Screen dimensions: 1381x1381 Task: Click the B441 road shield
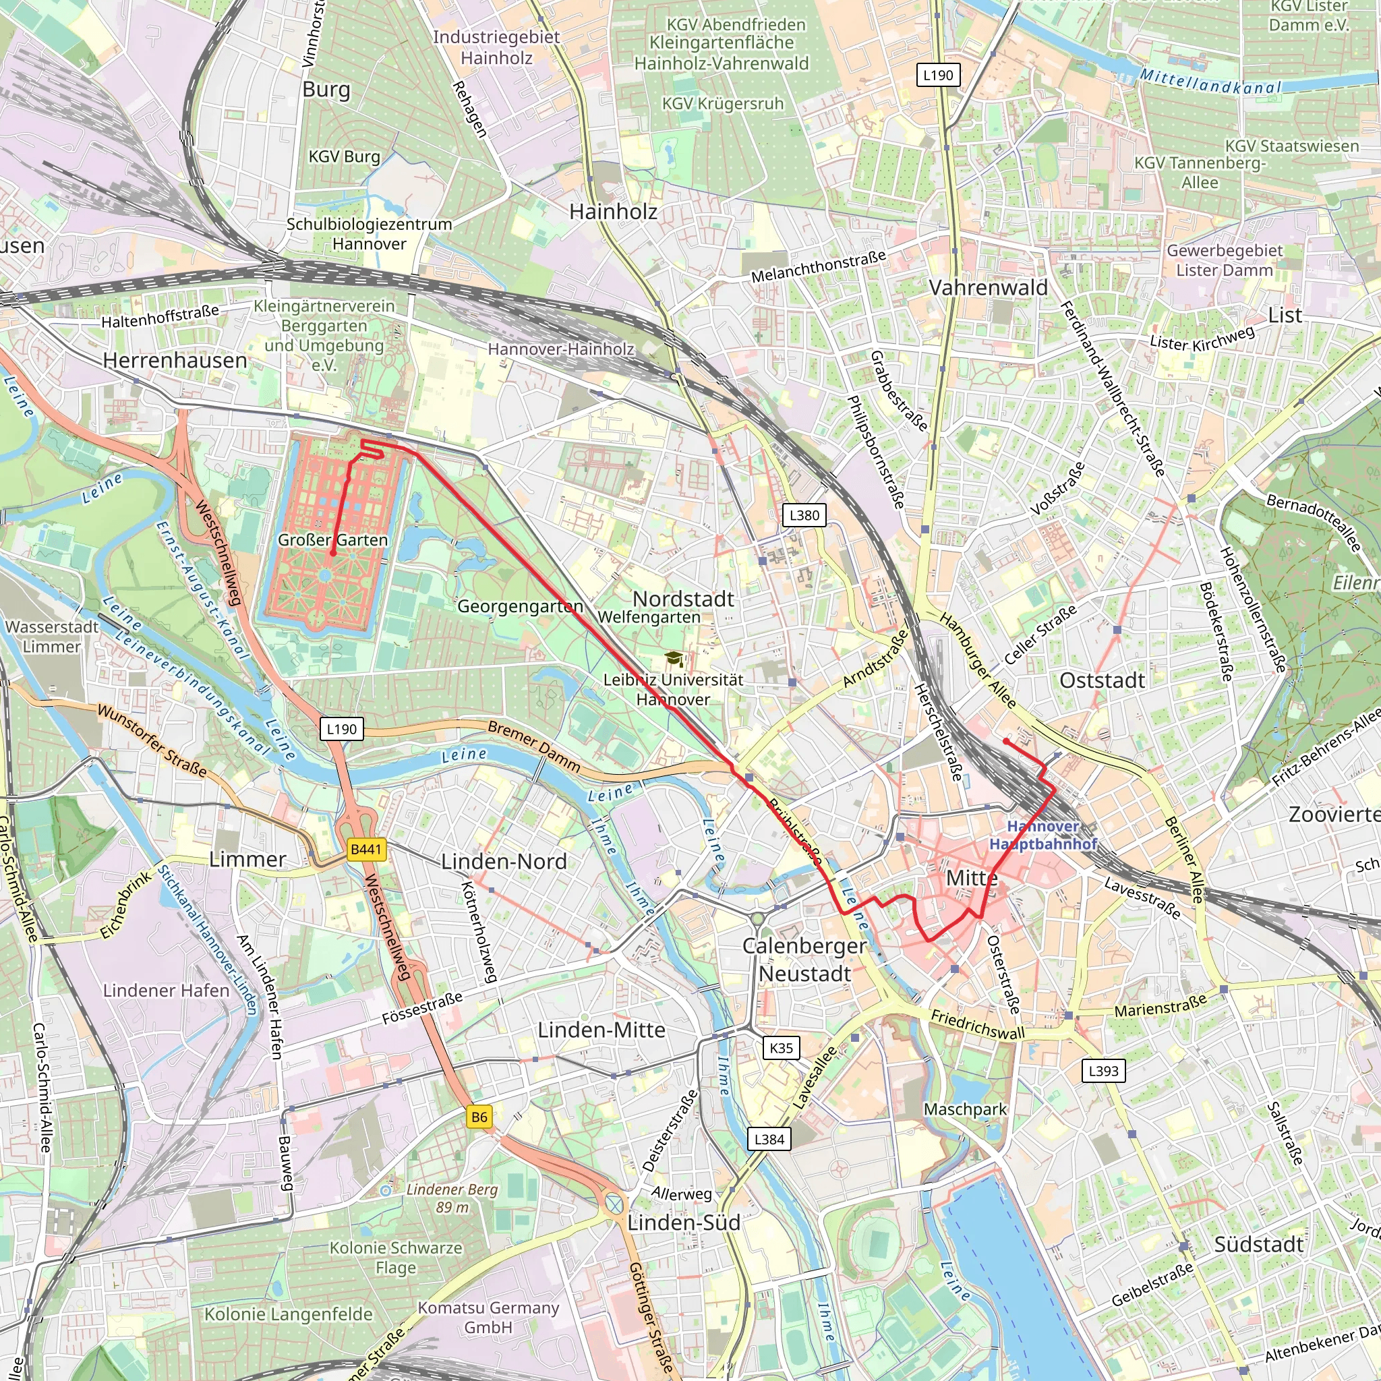click(x=366, y=849)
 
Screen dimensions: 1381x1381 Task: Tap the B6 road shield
click(x=479, y=1117)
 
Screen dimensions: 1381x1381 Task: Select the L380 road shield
click(x=804, y=515)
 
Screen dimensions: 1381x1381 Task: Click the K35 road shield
click(x=782, y=1048)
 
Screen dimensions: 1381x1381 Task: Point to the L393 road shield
click(x=1104, y=1071)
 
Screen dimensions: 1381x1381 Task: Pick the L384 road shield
click(x=769, y=1140)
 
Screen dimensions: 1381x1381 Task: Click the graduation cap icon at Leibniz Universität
click(x=672, y=658)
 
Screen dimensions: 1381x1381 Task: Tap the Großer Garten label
click(x=332, y=539)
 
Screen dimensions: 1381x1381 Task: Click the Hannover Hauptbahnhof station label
click(x=1042, y=835)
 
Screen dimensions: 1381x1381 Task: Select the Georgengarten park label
click(x=521, y=606)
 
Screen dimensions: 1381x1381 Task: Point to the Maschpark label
click(x=965, y=1109)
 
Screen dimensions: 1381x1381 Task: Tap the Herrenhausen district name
click(x=175, y=360)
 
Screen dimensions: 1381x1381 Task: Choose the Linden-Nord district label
click(x=504, y=861)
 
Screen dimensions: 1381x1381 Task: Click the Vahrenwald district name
click(x=988, y=287)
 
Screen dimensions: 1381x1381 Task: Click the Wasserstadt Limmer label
click(x=51, y=636)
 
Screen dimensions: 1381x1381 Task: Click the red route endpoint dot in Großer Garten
click(x=332, y=553)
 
